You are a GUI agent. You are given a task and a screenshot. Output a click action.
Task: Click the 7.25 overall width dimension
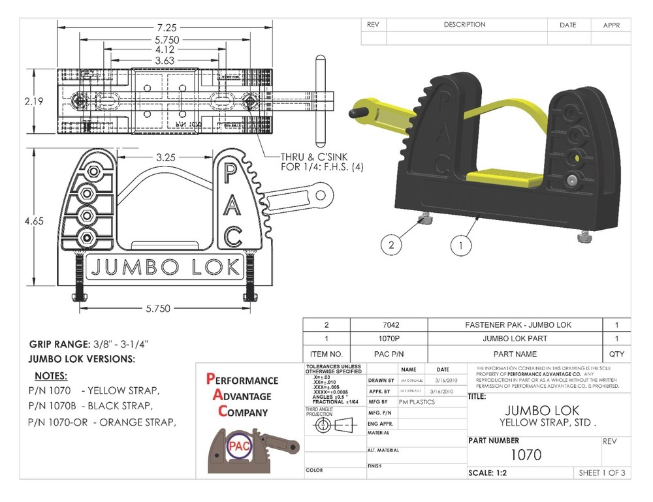165,27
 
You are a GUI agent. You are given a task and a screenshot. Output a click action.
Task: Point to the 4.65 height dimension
33,221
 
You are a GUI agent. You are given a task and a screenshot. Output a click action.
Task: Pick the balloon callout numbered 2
390,245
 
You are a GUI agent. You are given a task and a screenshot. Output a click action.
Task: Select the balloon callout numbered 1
460,245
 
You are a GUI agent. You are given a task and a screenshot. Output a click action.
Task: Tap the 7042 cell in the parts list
389,324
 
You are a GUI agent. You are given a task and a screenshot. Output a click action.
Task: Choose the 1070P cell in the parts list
389,339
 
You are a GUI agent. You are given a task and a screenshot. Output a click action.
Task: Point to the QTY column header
616,354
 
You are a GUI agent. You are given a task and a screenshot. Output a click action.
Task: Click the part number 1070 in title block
525,454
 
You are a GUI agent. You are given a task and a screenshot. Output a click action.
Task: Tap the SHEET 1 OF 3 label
601,473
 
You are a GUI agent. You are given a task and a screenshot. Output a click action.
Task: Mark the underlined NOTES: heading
50,376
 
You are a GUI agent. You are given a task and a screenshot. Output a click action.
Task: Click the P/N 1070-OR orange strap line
102,422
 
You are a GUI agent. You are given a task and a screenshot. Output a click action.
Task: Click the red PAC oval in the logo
236,446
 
